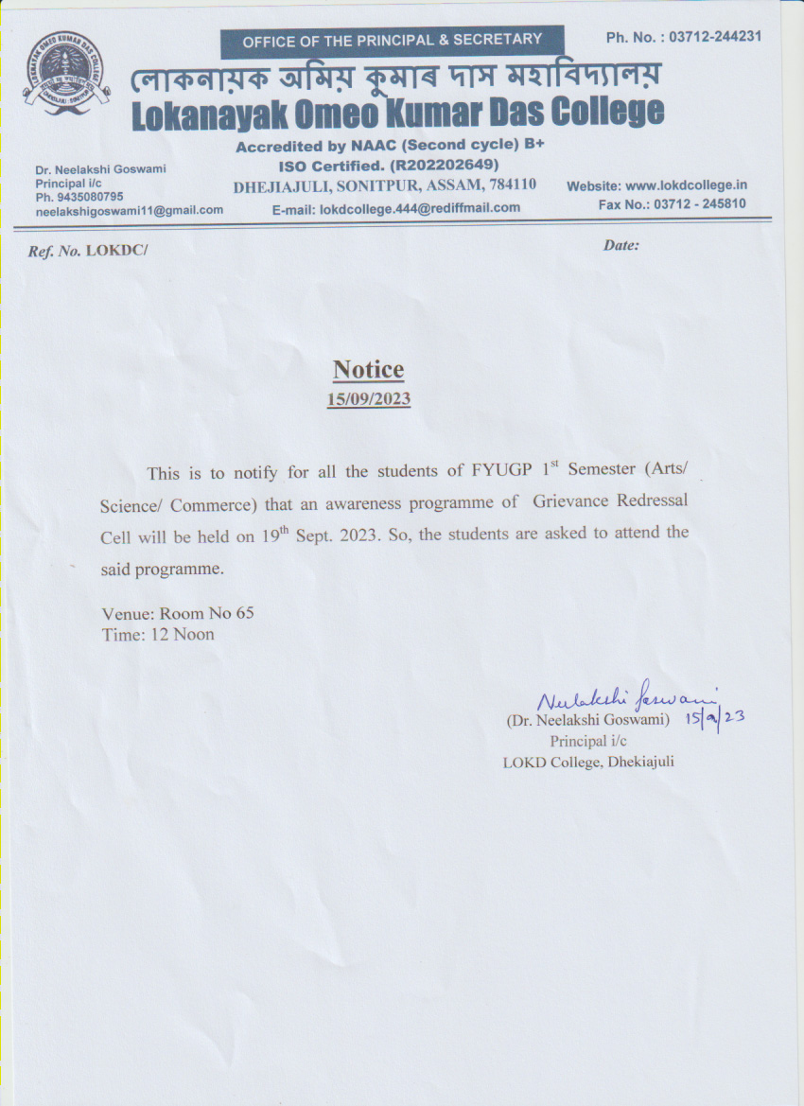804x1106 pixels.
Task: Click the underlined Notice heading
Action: coord(368,370)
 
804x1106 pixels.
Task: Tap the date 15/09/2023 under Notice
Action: coord(368,398)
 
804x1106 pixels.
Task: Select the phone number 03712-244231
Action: coord(715,37)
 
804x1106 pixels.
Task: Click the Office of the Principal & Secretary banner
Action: coord(392,40)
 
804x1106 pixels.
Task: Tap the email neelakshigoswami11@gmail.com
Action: coord(130,210)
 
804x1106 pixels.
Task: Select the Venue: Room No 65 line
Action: coord(178,613)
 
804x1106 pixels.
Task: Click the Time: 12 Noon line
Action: coord(158,634)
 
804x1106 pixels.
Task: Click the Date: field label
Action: coord(620,245)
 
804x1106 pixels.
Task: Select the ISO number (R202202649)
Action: coord(446,164)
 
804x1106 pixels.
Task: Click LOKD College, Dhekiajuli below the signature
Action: coord(587,763)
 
